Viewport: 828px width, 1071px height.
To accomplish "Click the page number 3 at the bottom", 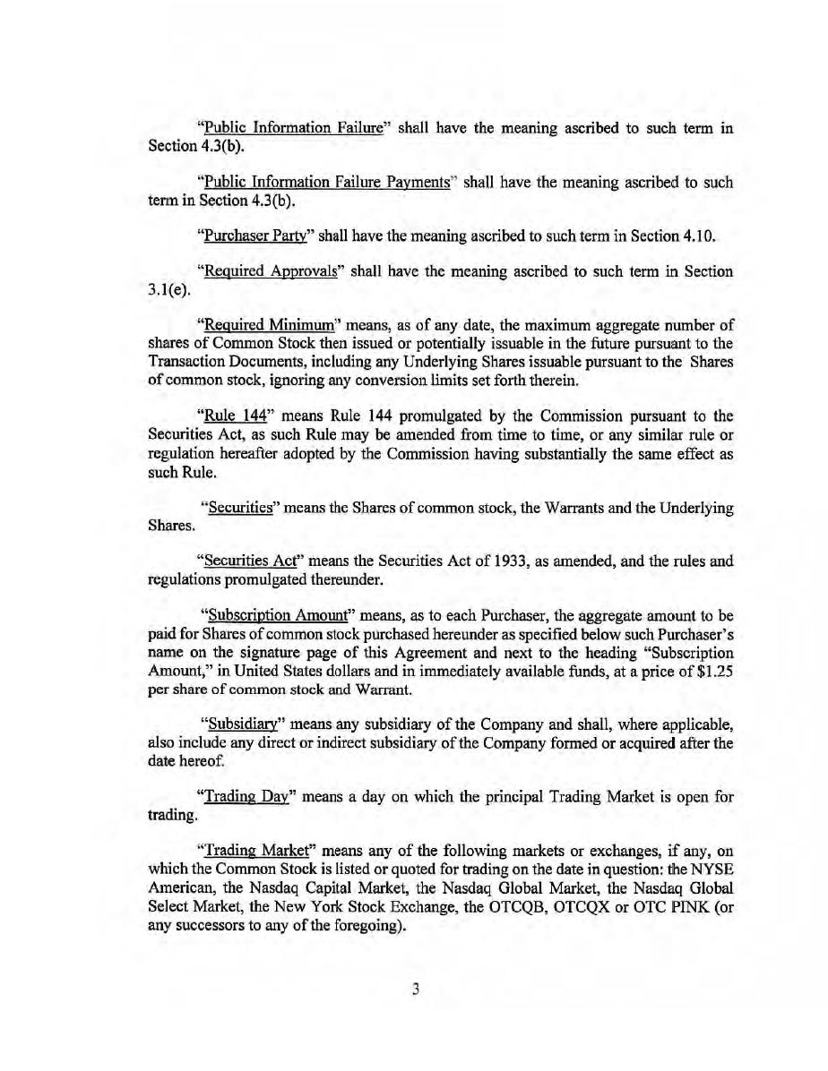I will coord(415,989).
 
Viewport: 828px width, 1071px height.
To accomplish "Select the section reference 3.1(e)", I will coord(168,288).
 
